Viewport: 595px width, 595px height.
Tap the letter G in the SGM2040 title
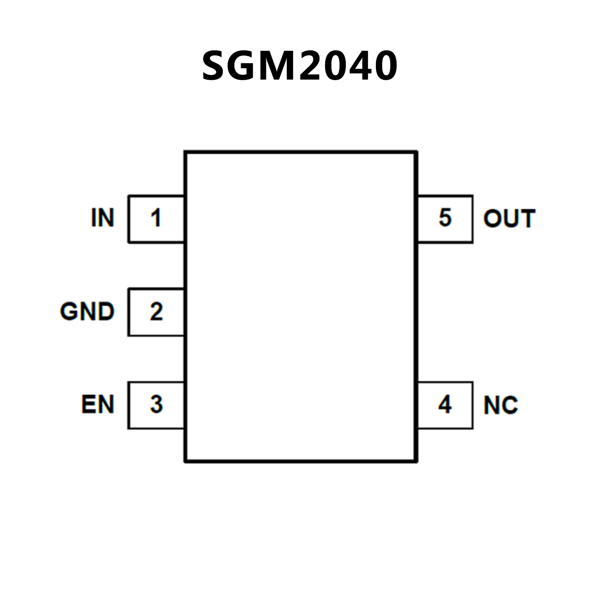tap(247, 66)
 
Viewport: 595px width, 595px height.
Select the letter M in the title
tap(282, 66)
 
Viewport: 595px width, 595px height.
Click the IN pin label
tap(103, 218)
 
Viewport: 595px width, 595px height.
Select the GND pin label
tap(87, 311)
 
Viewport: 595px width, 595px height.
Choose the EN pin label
tap(98, 405)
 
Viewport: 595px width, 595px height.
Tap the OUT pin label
tap(509, 218)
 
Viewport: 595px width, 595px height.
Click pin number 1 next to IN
tap(156, 218)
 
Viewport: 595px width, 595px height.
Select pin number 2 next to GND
tap(156, 311)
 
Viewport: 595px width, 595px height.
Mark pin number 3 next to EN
tap(156, 405)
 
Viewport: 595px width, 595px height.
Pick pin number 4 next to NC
tap(445, 405)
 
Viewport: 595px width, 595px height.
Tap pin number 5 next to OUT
tap(445, 217)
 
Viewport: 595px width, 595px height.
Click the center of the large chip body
tap(301, 307)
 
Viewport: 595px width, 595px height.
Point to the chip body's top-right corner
tap(416, 152)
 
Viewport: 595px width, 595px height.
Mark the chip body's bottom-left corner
tap(186, 461)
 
